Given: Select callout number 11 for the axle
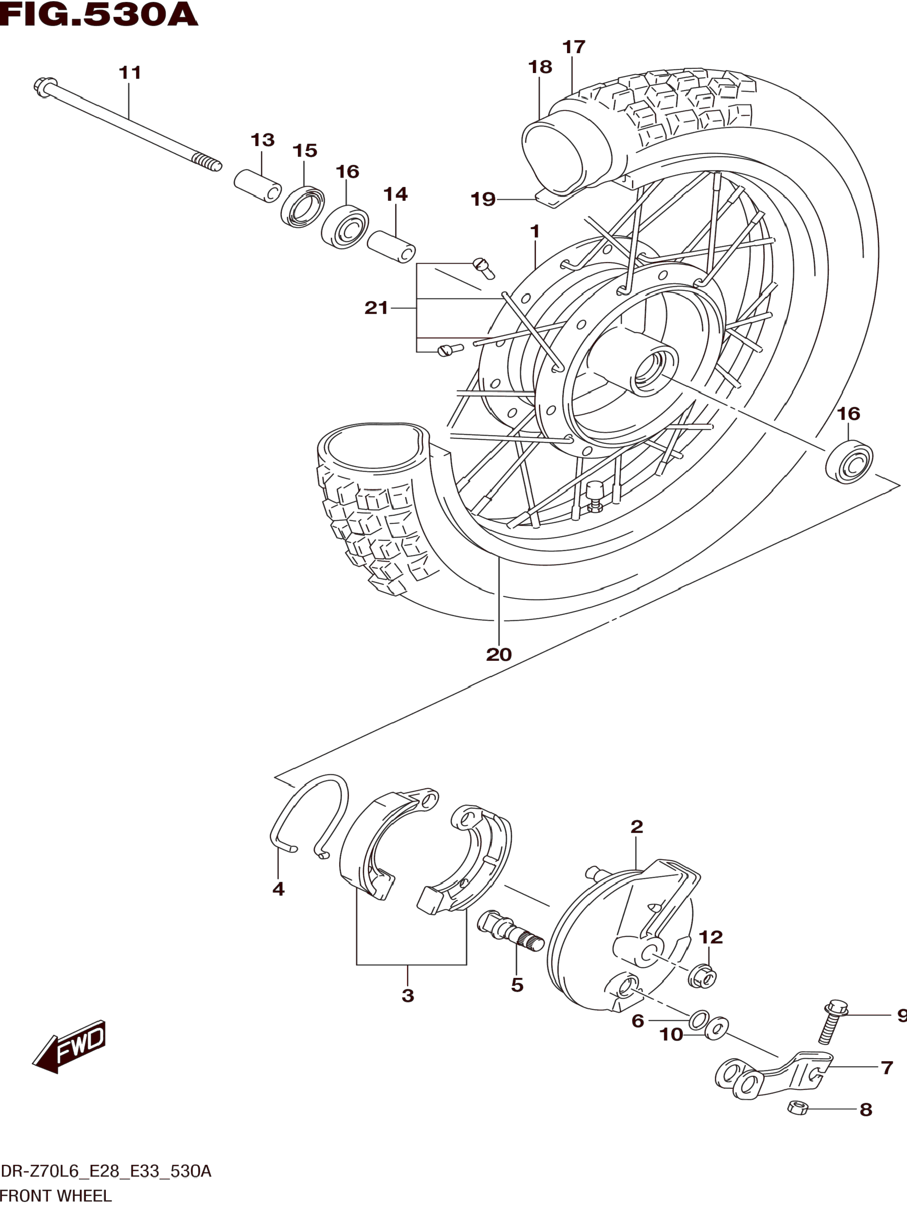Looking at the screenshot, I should coord(130,72).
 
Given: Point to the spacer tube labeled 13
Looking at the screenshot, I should coord(258,186).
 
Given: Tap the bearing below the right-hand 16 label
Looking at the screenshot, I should coord(849,463).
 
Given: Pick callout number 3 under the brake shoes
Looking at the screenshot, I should coord(408,995).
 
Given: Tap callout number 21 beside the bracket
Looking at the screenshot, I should coord(376,308).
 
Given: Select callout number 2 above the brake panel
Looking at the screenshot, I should coord(637,826).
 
